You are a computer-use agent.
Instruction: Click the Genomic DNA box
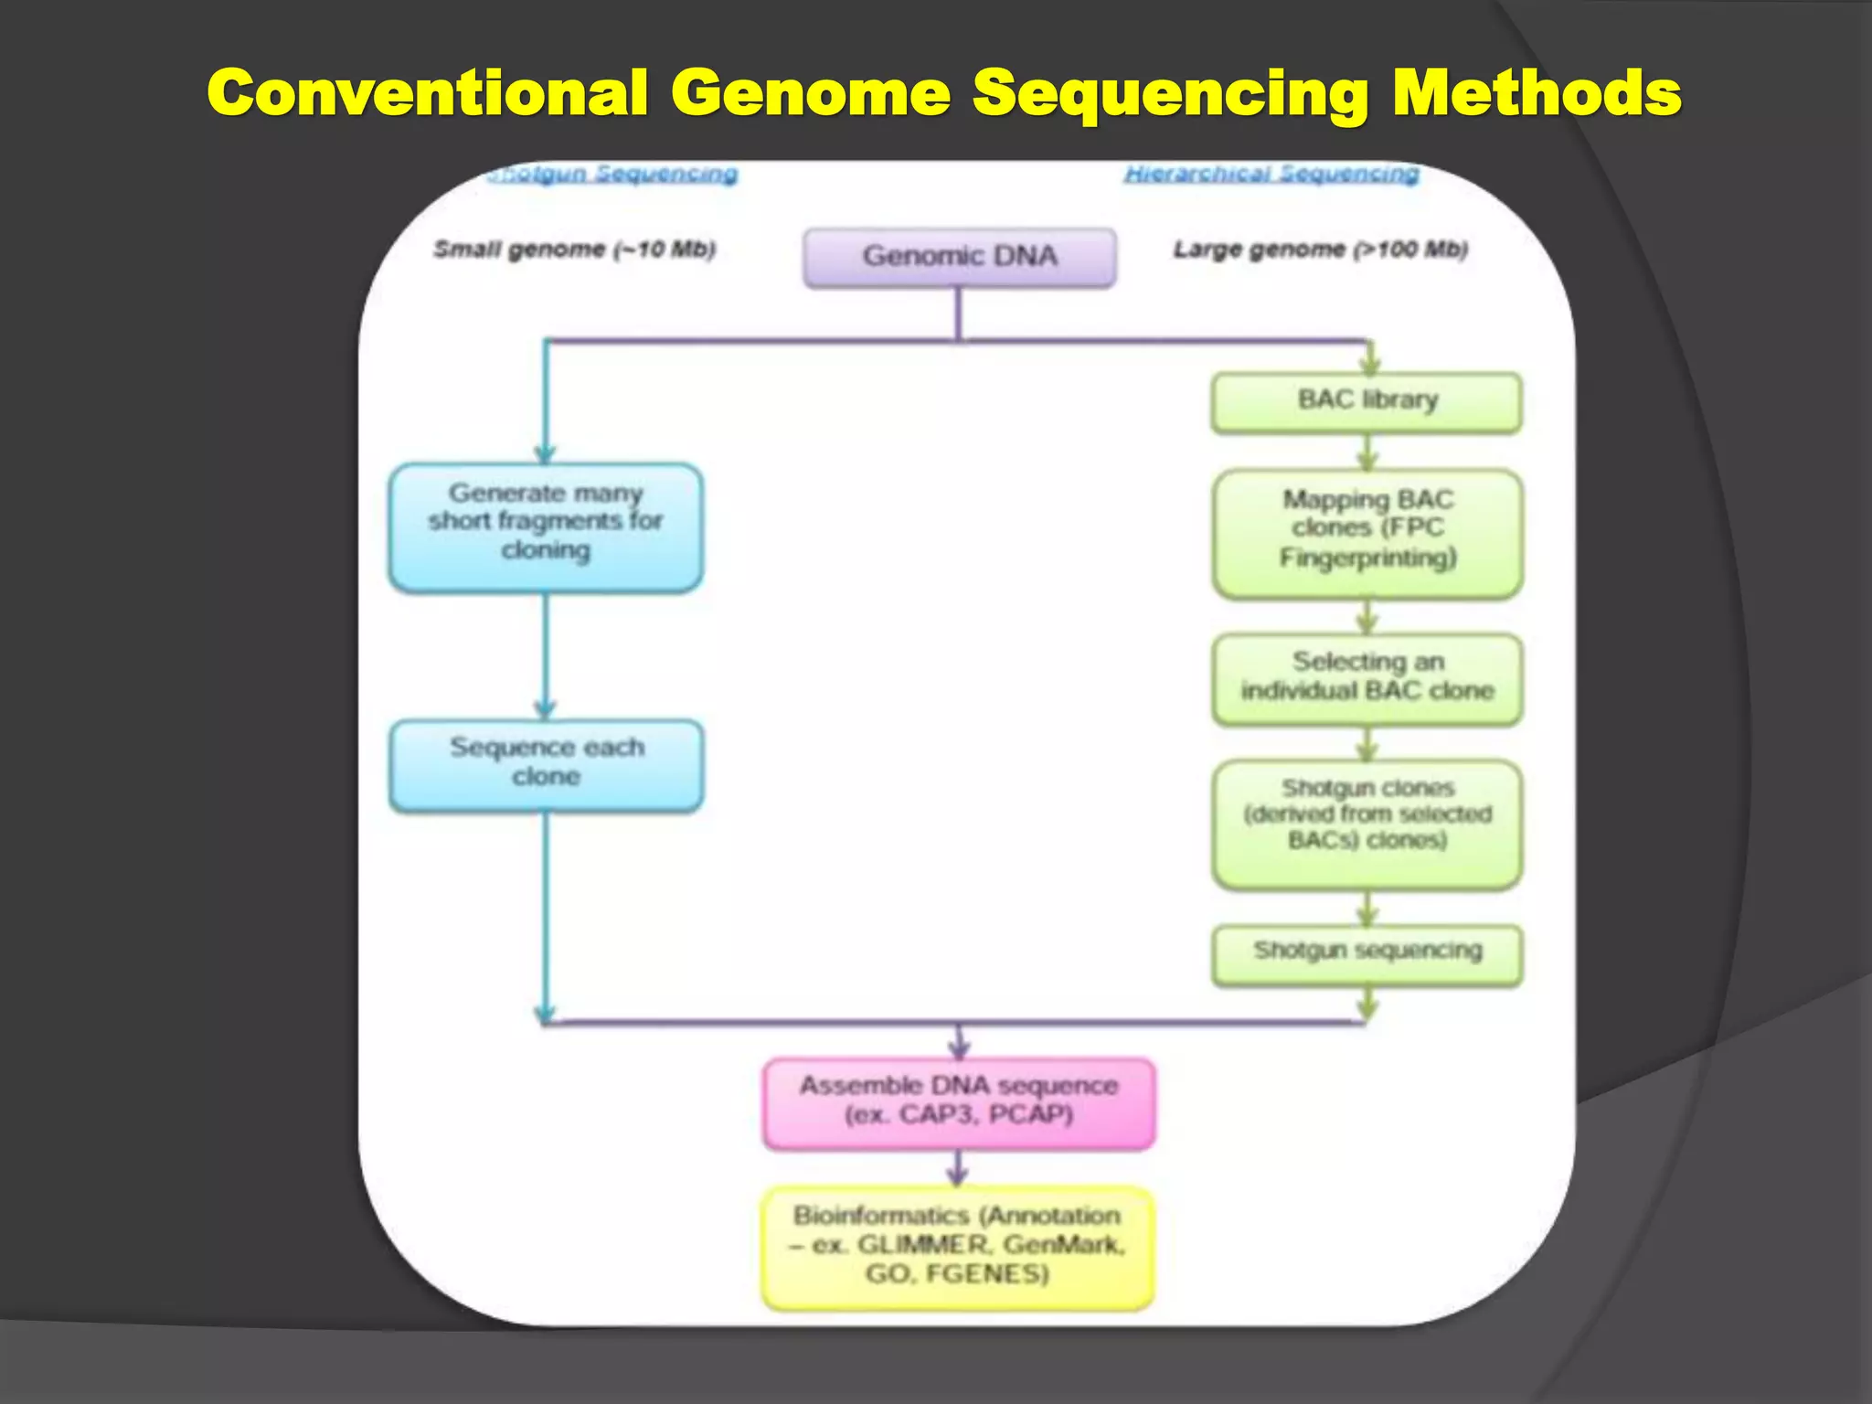(959, 257)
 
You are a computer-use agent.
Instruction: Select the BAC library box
(1367, 401)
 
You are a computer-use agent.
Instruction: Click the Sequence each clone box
(546, 764)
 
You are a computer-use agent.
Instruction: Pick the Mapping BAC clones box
(1367, 533)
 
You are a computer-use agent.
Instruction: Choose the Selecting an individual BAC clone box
(1367, 678)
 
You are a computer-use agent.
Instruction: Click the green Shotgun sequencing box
(1367, 954)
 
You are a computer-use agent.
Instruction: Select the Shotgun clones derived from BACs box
(1367, 823)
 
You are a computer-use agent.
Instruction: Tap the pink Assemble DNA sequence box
(959, 1102)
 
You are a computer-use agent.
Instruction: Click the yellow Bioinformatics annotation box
(958, 1247)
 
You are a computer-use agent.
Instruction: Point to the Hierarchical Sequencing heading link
(1271, 173)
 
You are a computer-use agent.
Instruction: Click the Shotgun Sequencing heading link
(612, 173)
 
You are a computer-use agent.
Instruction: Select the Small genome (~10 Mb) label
(574, 249)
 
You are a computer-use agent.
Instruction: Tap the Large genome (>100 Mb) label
(1320, 249)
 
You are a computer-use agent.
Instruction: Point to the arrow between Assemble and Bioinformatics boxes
(958, 1169)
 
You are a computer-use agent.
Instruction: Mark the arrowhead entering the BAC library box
(1368, 364)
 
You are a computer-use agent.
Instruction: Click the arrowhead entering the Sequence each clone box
(546, 709)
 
